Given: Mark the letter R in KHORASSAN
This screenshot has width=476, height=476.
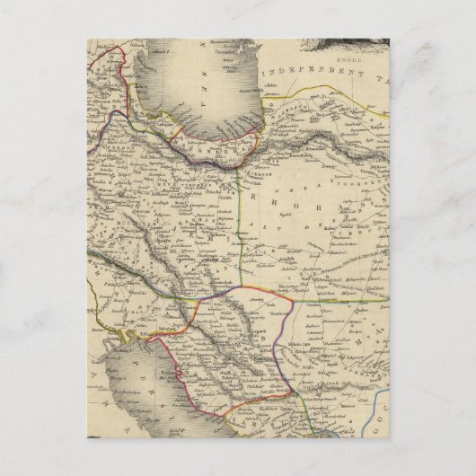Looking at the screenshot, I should [311, 198].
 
